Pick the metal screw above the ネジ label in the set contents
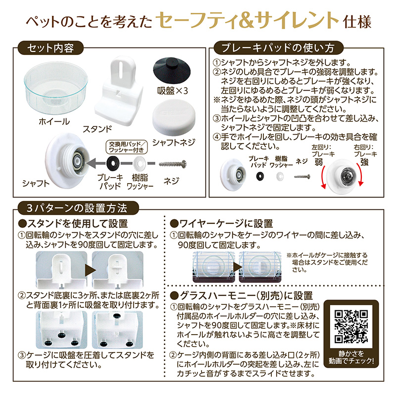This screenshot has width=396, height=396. pos(173,164)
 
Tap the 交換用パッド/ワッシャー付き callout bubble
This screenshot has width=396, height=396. pos(126,147)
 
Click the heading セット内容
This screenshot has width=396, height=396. pos(50,48)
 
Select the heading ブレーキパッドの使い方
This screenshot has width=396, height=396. pos(278,48)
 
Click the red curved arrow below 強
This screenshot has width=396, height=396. pos(361,174)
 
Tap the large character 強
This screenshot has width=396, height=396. pos(364,162)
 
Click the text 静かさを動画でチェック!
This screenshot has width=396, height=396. pos(351,357)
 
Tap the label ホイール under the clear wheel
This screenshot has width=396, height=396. pos(54,122)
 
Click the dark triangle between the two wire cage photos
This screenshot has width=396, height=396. pos(237,267)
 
